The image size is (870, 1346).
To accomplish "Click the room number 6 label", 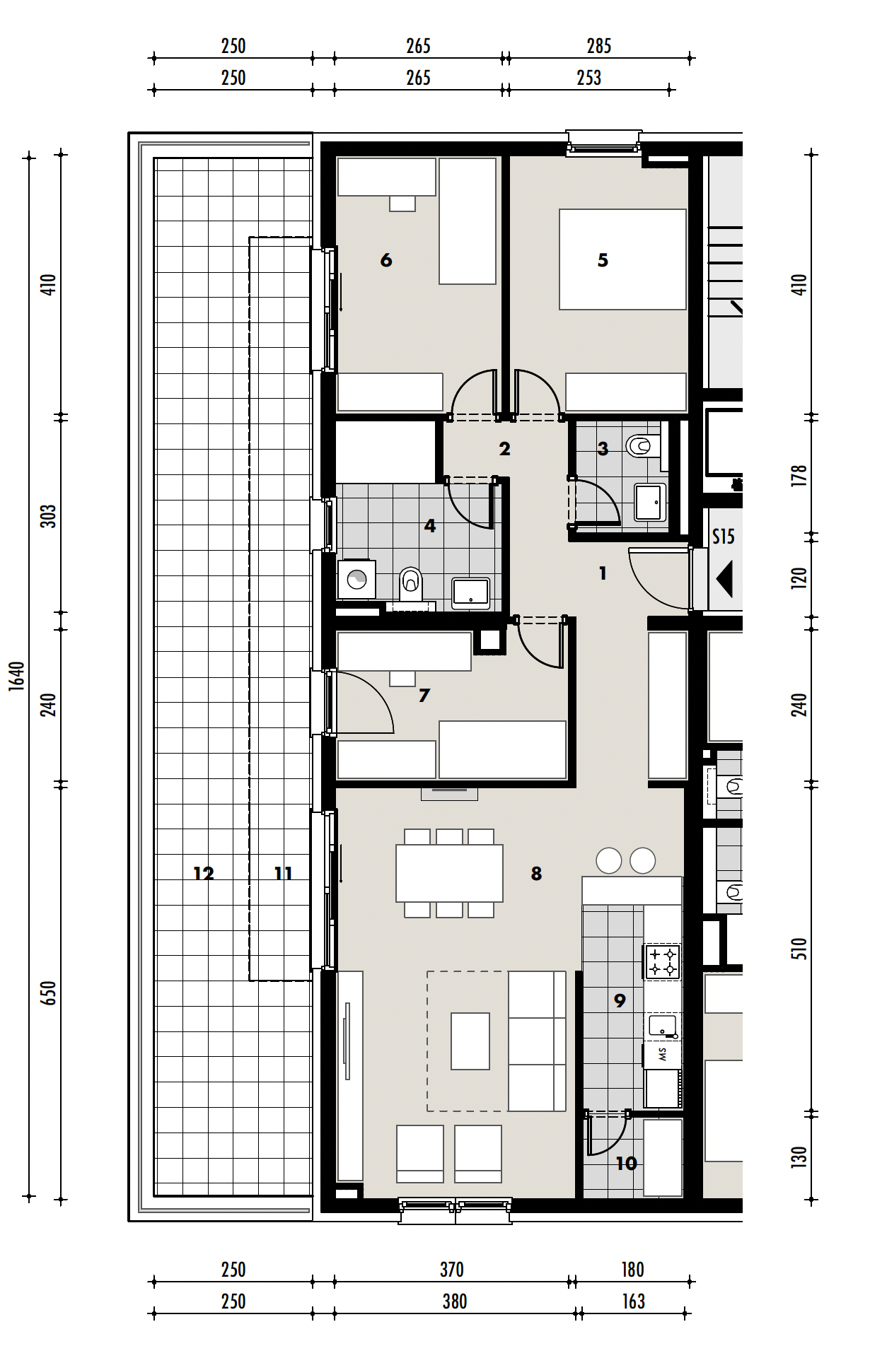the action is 386,260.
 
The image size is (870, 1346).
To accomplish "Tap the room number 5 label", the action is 603,260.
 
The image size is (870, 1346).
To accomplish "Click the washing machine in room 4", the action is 356,580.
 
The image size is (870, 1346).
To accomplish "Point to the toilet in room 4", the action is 411,583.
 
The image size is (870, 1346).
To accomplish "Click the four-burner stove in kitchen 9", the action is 662,961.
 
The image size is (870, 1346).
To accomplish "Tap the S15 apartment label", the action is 723,537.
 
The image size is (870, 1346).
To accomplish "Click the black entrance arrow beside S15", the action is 724,579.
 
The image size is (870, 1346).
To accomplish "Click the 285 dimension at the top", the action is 598,47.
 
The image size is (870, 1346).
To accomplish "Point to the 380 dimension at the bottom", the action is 454,1301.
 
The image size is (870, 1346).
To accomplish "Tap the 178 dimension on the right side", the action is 799,475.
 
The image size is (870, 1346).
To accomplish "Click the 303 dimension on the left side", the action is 47,515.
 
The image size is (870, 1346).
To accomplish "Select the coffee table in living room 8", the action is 470,1041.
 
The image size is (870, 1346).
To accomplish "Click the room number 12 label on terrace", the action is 204,874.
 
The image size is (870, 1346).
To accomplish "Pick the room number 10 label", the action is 626,1164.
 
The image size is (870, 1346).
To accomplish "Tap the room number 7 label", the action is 424,696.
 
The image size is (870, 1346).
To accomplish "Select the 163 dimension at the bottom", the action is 633,1301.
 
